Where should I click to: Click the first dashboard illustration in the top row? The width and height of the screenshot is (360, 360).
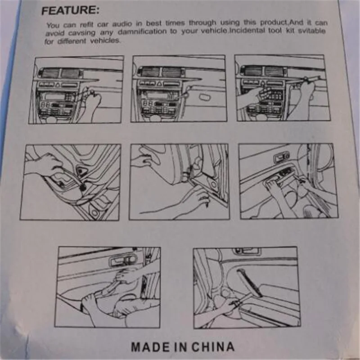click(76, 90)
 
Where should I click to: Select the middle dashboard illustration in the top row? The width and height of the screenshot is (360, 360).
click(179, 89)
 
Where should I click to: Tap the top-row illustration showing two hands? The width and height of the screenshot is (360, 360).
click(279, 88)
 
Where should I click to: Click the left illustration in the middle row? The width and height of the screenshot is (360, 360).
click(70, 182)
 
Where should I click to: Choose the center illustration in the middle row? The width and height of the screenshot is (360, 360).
click(179, 182)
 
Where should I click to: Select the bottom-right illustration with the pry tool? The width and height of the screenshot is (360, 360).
click(246, 287)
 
